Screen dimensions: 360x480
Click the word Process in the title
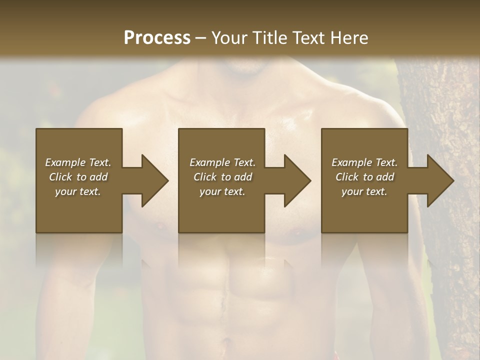[157, 38]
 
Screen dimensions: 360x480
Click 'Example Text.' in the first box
[78, 162]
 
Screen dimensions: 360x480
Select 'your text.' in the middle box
[222, 191]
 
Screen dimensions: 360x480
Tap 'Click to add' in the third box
[364, 177]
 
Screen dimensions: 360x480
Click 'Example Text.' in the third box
[364, 162]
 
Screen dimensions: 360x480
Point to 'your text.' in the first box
[78, 191]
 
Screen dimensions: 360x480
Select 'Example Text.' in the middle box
[222, 162]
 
